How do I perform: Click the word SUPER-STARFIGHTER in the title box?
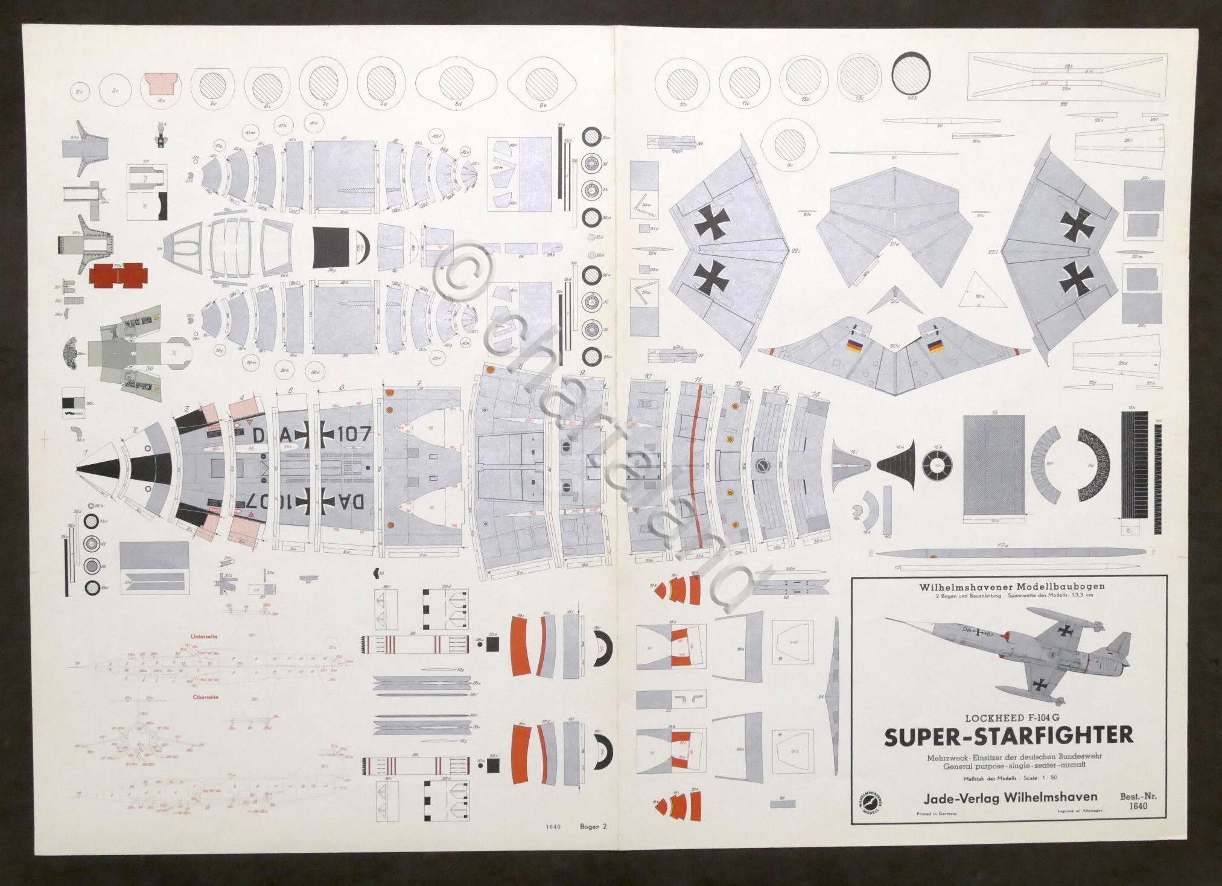tap(1008, 736)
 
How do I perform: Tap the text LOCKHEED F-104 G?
tap(1008, 718)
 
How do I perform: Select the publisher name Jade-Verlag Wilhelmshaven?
tap(1002, 797)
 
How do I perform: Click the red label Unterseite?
tap(204, 636)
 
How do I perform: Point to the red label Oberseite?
tap(205, 697)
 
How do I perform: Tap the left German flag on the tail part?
tap(854, 346)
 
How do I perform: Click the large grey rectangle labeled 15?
tap(993, 465)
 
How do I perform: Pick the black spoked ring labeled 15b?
tap(937, 465)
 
